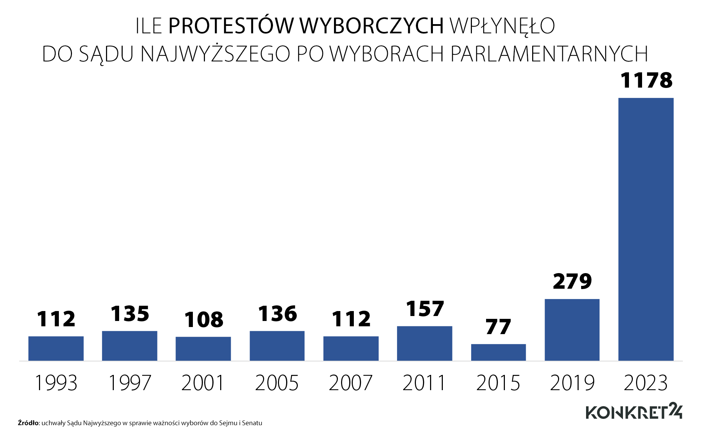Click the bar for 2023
[x=646, y=229]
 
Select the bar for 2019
[x=572, y=330]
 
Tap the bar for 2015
[x=498, y=352]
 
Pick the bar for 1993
[x=56, y=348]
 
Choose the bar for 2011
[x=424, y=343]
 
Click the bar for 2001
[x=203, y=349]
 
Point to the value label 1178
[x=646, y=80]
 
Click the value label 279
[x=572, y=282]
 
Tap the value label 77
[x=498, y=327]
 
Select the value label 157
[x=425, y=309]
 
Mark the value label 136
[x=277, y=314]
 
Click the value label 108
[x=204, y=320]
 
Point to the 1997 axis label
[x=130, y=383]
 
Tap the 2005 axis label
[x=277, y=383]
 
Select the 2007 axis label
[x=351, y=383]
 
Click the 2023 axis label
[x=646, y=383]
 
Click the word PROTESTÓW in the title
[x=231, y=26]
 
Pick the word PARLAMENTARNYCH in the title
[x=549, y=54]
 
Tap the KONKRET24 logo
[x=634, y=411]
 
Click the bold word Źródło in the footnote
[x=28, y=423]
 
